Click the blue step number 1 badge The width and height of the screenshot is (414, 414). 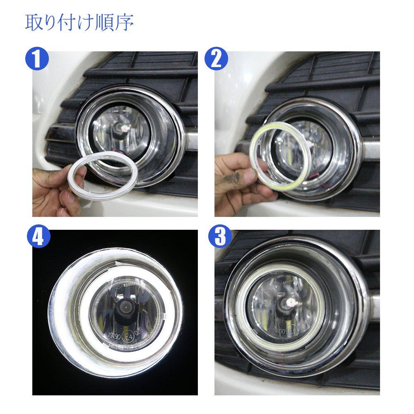[37, 60]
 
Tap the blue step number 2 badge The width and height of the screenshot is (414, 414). [216, 60]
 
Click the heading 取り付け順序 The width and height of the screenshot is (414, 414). [79, 23]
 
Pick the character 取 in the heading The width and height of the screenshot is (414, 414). [33, 23]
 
